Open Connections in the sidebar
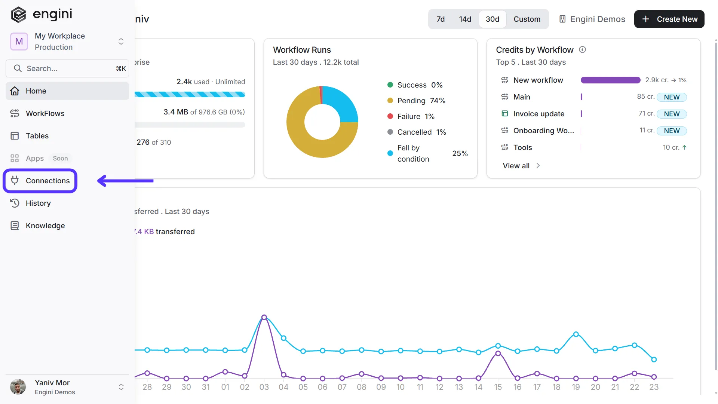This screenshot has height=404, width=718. click(x=40, y=181)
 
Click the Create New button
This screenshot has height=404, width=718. click(x=669, y=19)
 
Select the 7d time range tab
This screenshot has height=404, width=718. click(x=441, y=19)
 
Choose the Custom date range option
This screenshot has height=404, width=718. click(x=527, y=19)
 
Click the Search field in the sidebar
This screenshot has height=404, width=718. click(x=67, y=68)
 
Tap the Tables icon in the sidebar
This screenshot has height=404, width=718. click(x=15, y=136)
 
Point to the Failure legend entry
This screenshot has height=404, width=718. click(x=411, y=116)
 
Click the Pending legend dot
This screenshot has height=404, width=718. click(x=390, y=101)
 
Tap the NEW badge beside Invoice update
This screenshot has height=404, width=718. click(x=672, y=114)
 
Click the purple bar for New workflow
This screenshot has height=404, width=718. click(x=610, y=80)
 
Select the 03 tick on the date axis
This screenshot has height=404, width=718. click(x=264, y=387)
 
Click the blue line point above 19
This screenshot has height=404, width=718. click(x=576, y=334)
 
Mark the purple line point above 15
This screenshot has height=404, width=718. click(x=498, y=353)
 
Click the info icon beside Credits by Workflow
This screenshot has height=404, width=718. click(x=582, y=49)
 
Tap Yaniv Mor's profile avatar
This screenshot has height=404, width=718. click(x=18, y=387)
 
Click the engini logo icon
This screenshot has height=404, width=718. click(x=18, y=15)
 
